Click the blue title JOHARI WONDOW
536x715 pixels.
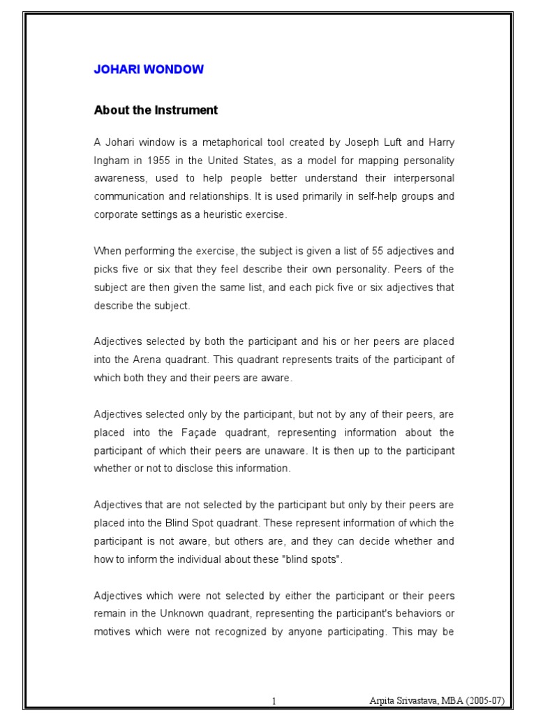(149, 70)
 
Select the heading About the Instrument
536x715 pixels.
(156, 110)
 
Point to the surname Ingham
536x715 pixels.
(112, 161)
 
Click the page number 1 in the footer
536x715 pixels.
(274, 700)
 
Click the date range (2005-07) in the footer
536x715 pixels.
(482, 700)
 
